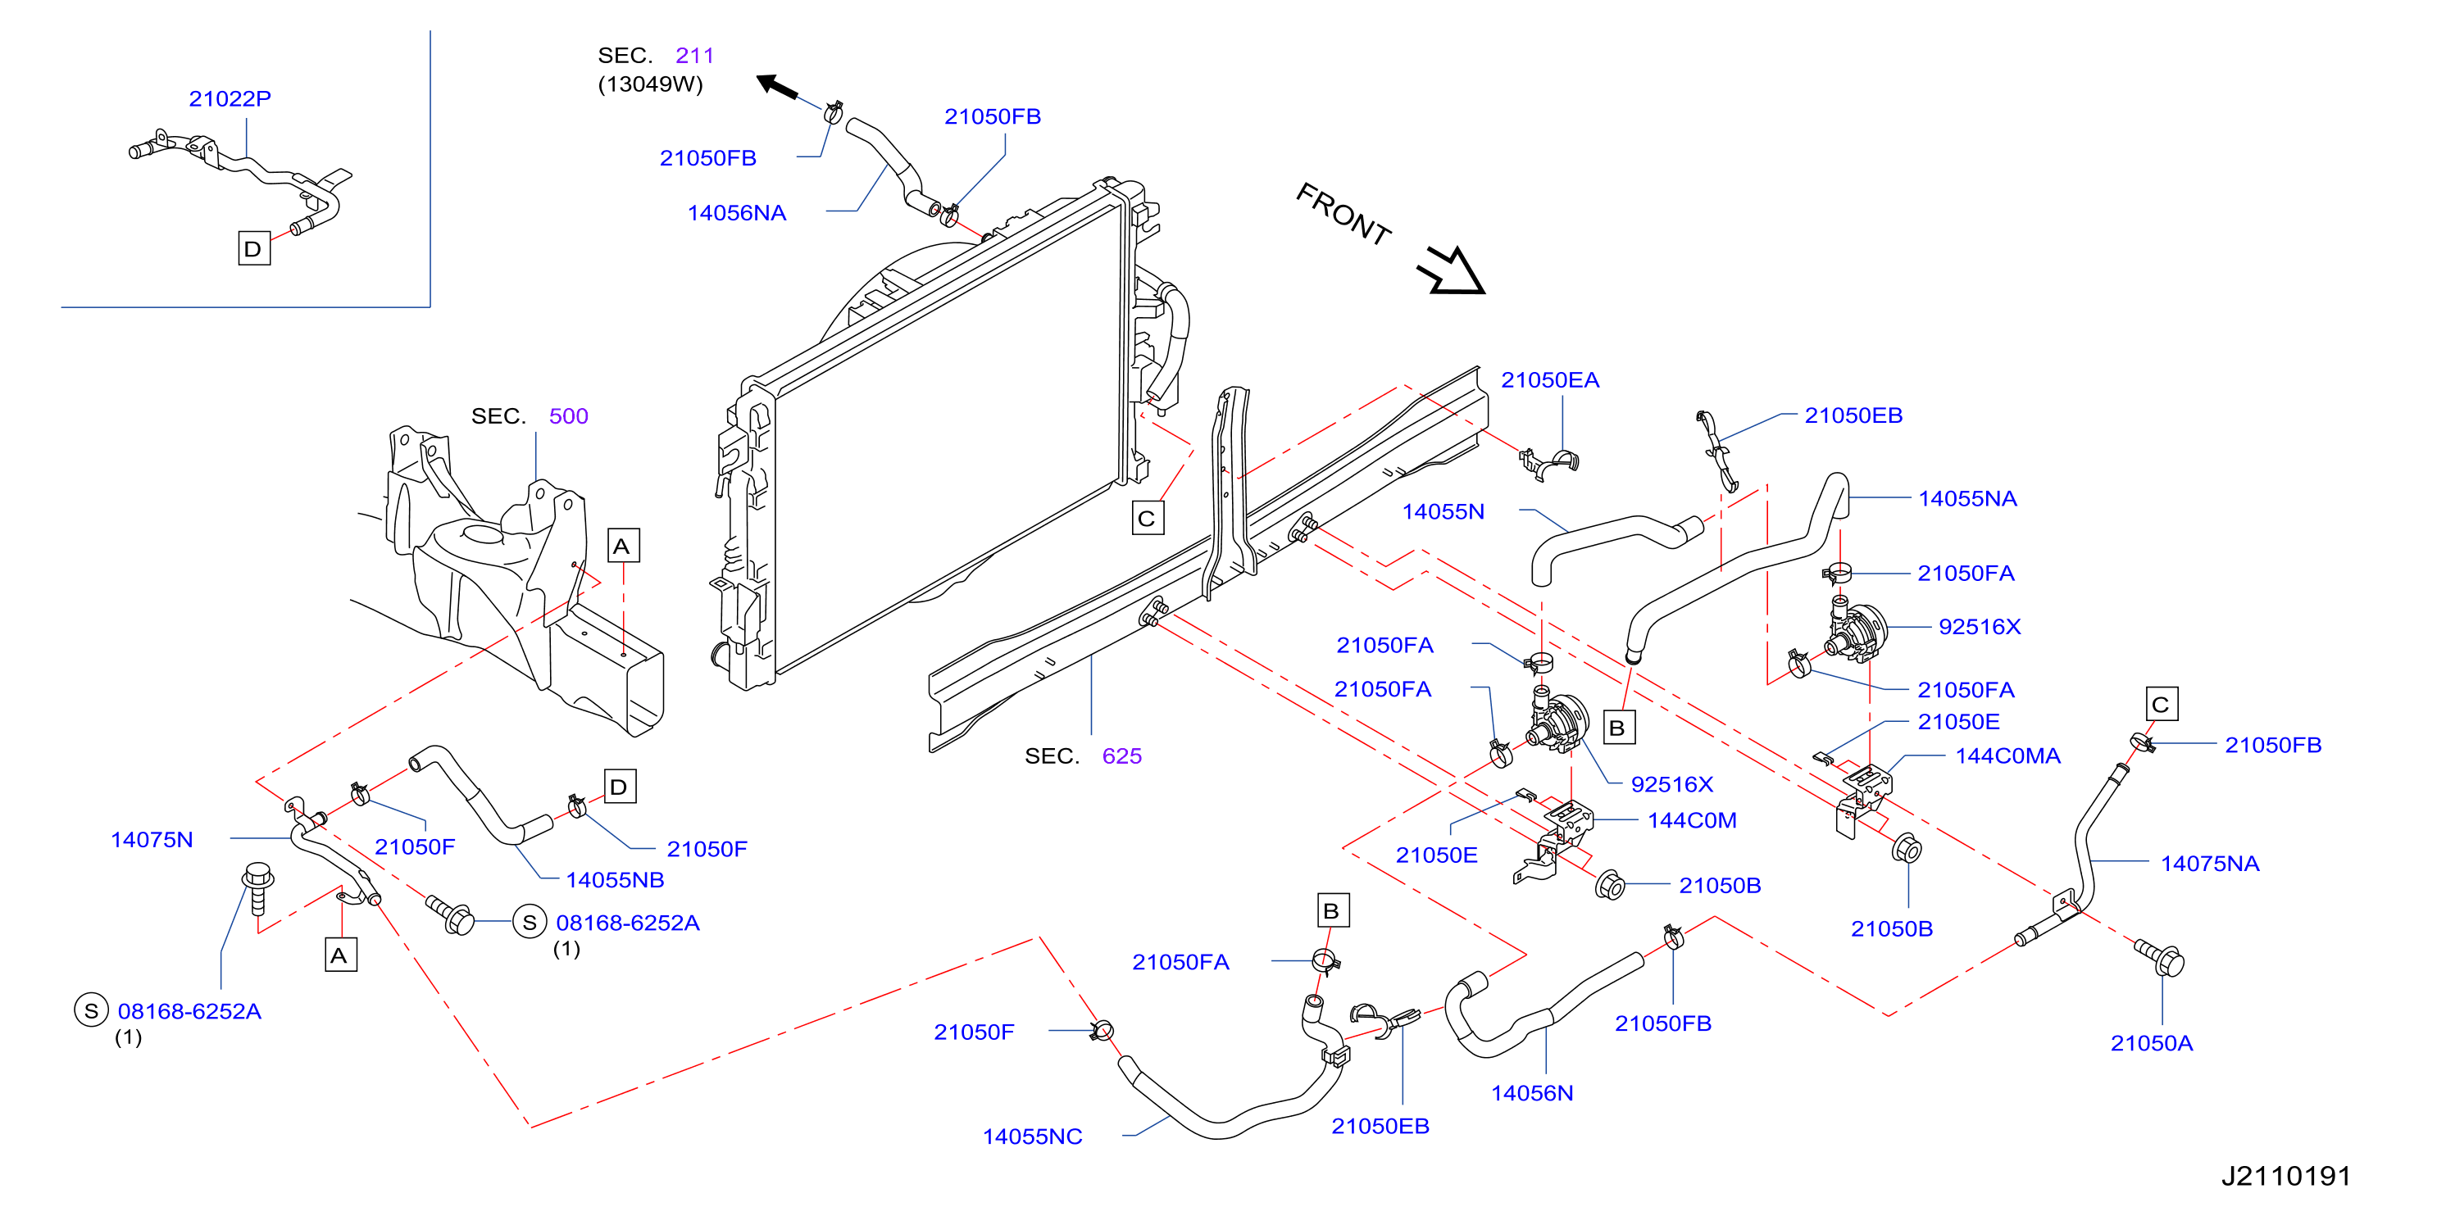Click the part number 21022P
(x=230, y=98)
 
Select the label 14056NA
(x=737, y=212)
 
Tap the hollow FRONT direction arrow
(x=1452, y=270)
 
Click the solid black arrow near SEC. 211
(x=777, y=88)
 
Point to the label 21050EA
(x=1549, y=379)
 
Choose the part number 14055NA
(x=1967, y=498)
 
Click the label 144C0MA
(x=2008, y=755)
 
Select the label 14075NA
(x=2210, y=864)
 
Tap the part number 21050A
(x=2152, y=1043)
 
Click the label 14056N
(x=1531, y=1092)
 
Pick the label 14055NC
(x=1032, y=1137)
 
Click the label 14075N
(x=152, y=839)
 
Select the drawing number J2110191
(x=2285, y=1176)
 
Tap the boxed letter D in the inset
(x=253, y=249)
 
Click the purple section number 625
(x=1121, y=755)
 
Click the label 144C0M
(x=1692, y=820)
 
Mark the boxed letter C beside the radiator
(x=1148, y=519)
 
